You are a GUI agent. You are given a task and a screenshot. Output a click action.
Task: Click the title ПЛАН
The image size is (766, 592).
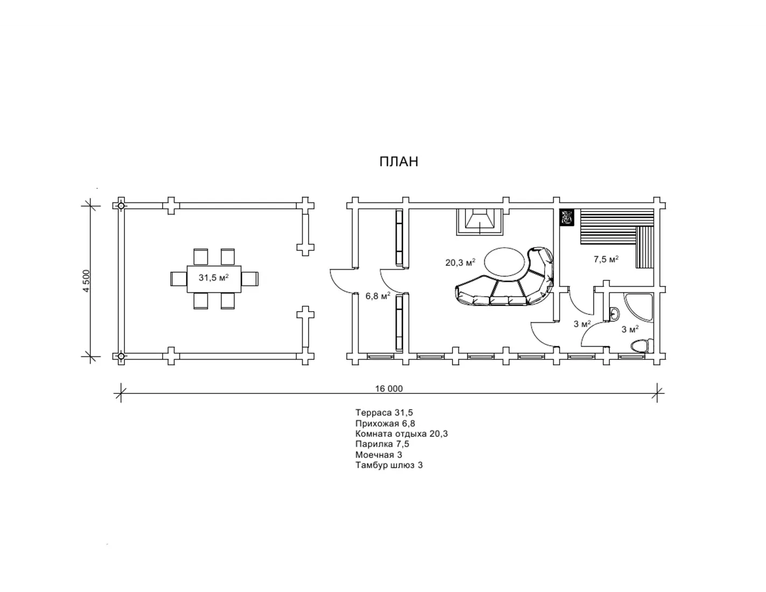pyautogui.click(x=399, y=161)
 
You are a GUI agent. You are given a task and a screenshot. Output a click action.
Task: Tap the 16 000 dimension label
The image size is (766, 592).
pyautogui.click(x=389, y=389)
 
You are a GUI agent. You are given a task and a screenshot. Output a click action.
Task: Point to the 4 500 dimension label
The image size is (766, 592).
pyautogui.click(x=86, y=281)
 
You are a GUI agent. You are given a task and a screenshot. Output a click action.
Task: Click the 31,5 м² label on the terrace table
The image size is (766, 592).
pyautogui.click(x=214, y=278)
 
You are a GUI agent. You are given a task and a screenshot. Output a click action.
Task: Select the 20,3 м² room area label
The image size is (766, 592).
pyautogui.click(x=461, y=263)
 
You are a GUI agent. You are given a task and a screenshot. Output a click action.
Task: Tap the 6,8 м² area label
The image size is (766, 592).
pyautogui.click(x=378, y=296)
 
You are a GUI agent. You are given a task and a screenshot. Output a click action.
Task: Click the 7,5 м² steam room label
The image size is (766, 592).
pyautogui.click(x=606, y=259)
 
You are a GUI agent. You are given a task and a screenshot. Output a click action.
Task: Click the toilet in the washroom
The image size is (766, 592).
pyautogui.click(x=642, y=346)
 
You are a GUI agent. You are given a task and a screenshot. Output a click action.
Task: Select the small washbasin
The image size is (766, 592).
pyautogui.click(x=614, y=313)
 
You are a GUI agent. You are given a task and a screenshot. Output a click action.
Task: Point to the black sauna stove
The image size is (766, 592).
pyautogui.click(x=567, y=217)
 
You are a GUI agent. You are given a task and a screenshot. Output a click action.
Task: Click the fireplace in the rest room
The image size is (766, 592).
pyautogui.click(x=479, y=222)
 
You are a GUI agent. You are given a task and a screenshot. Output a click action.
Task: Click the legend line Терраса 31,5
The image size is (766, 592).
pyautogui.click(x=384, y=412)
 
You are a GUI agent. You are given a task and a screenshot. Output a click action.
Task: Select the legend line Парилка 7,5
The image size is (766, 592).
pyautogui.click(x=382, y=444)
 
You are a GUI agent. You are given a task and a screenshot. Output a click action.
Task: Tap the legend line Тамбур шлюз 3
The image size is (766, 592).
pyautogui.click(x=389, y=465)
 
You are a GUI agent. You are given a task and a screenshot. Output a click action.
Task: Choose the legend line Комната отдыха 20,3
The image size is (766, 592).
pyautogui.click(x=401, y=434)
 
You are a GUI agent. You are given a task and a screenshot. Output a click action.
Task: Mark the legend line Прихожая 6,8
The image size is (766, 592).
pyautogui.click(x=385, y=423)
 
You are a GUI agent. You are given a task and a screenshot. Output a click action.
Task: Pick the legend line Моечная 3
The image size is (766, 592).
pyautogui.click(x=379, y=455)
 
